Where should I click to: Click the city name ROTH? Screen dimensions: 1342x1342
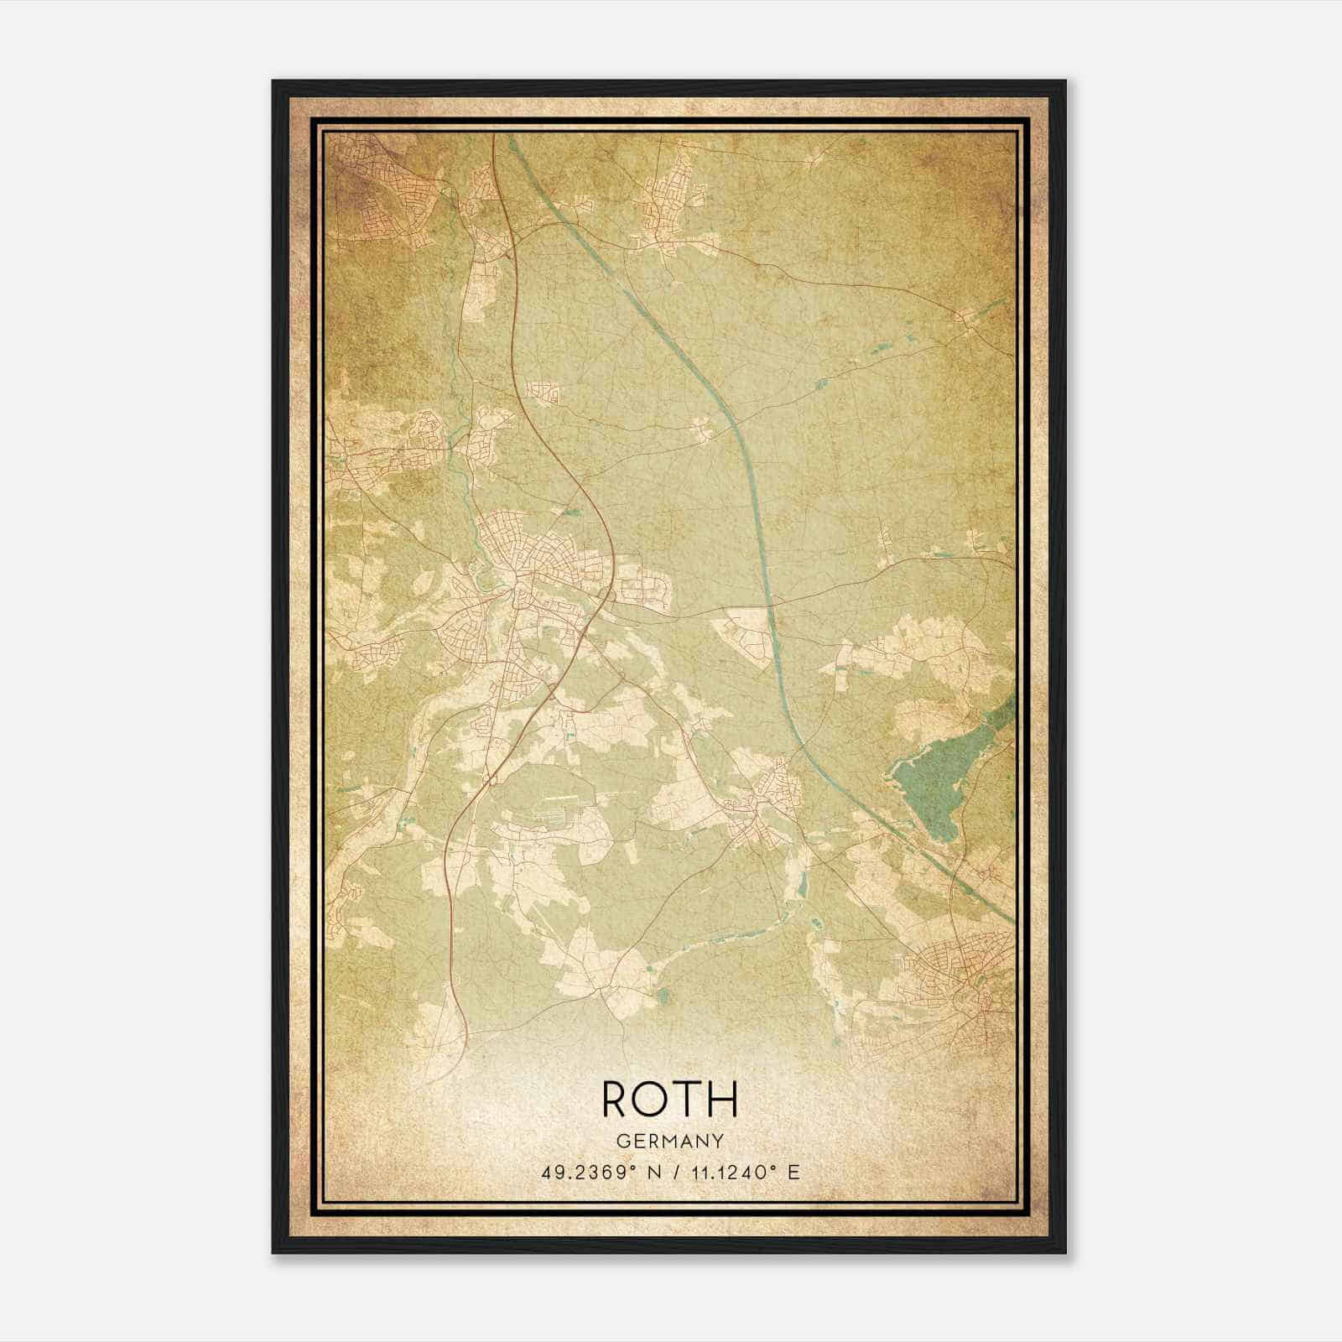(670, 1098)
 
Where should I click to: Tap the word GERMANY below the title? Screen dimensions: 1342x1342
(670, 1142)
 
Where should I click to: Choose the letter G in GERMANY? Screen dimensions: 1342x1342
(622, 1142)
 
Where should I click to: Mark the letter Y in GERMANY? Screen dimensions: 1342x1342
(718, 1142)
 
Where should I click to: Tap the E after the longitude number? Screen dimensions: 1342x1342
(793, 1172)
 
